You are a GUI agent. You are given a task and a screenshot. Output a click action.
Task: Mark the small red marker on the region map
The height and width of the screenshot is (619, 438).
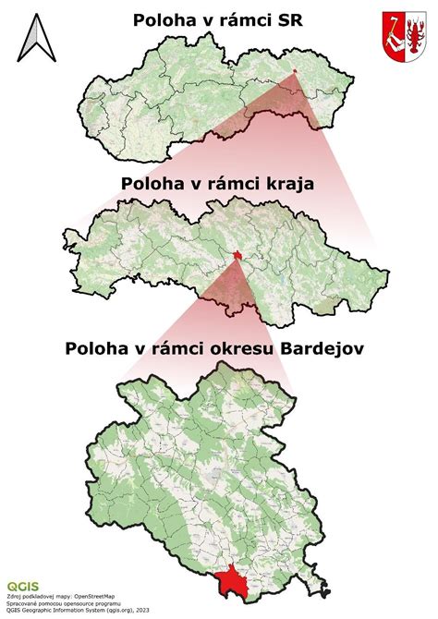tap(237, 256)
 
